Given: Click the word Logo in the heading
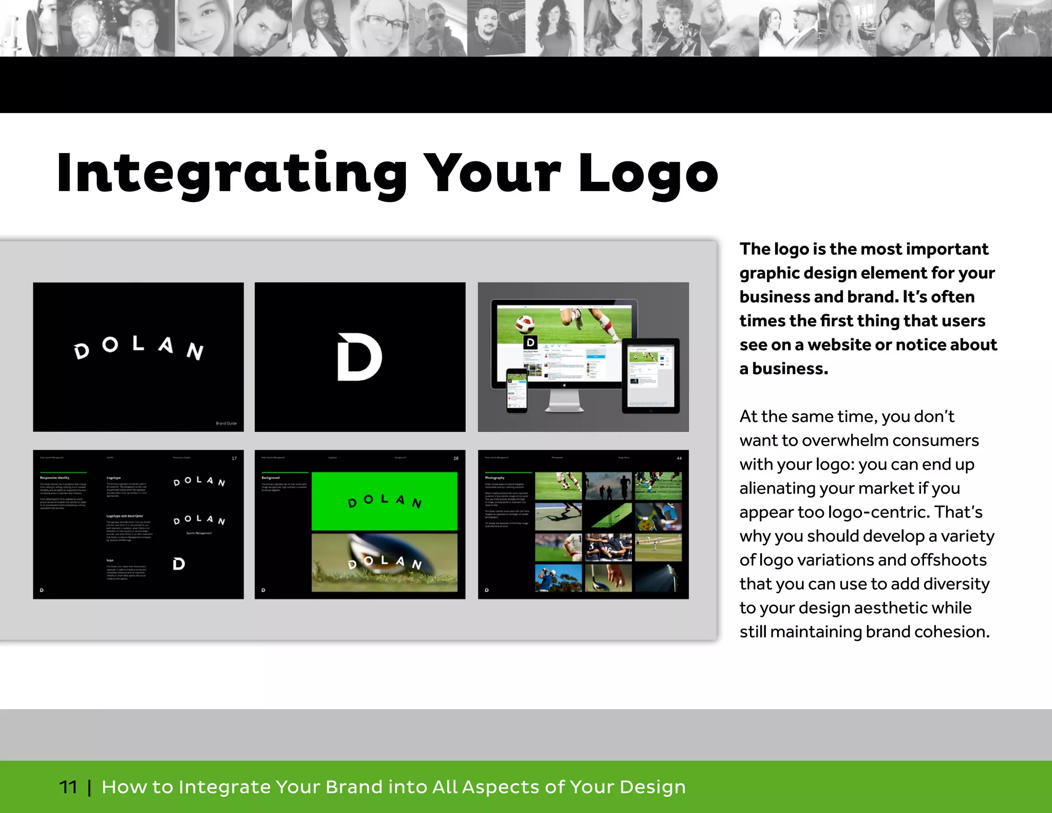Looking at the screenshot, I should coord(648,174).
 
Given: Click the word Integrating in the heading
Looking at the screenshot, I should coord(232,174).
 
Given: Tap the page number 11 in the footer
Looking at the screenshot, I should coord(68,787).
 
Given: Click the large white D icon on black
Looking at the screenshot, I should coord(359,357).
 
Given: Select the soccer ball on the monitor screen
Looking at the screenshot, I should coord(525,325).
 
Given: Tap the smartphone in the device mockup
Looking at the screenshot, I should coord(517,390).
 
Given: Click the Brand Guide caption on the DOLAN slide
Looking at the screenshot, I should coord(226,423).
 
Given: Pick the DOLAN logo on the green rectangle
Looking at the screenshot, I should coord(385,501).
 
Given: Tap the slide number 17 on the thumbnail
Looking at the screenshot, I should coord(234,458).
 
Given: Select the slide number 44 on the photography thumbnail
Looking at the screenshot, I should coord(679,458).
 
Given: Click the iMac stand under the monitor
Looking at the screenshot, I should coord(564,401).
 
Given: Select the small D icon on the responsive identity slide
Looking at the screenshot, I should coord(179,564).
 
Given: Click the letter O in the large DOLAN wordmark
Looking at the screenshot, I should coord(110,345).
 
